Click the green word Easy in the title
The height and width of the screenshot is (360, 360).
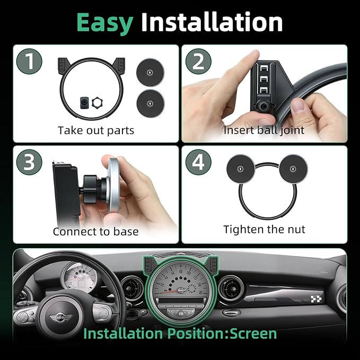105,23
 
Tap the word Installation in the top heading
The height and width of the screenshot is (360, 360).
212,22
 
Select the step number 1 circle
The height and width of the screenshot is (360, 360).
29,62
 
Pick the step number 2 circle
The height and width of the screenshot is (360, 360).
198,62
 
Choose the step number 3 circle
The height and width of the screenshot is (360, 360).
29,162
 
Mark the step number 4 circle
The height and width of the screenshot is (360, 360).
198,162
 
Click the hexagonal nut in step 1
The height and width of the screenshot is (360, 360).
97,103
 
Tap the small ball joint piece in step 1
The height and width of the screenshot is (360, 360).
84,103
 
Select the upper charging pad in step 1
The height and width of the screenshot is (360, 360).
150,72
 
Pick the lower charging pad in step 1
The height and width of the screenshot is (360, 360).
151,103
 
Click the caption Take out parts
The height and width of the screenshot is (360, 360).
96,130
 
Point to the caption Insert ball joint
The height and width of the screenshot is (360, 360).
264,130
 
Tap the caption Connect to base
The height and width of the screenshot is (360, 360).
96,231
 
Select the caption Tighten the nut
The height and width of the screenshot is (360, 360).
264,230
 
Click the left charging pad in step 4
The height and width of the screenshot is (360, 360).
241,169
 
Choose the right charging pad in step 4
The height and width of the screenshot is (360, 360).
293,169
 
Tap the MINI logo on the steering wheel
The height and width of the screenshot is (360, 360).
60,318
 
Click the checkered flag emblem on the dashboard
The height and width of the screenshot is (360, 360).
317,298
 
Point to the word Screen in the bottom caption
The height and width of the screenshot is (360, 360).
253,333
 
